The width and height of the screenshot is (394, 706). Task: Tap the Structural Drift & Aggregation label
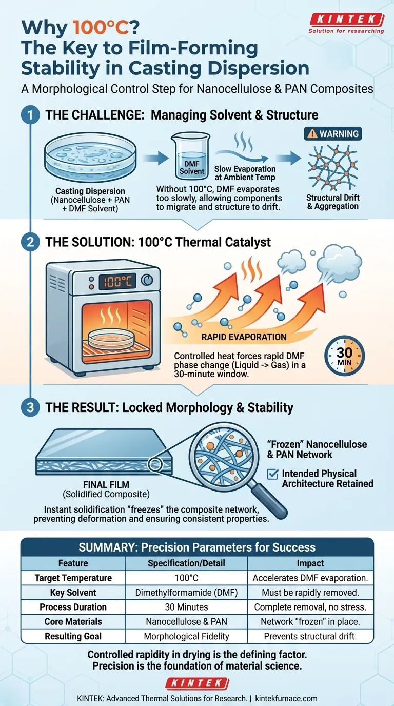click(x=332, y=202)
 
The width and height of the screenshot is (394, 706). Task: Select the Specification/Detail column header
click(x=186, y=563)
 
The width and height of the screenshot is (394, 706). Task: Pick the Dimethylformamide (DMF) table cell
click(x=186, y=592)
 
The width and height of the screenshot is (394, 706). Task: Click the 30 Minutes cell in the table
click(x=186, y=607)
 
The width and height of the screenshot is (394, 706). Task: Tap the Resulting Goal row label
click(x=73, y=636)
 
